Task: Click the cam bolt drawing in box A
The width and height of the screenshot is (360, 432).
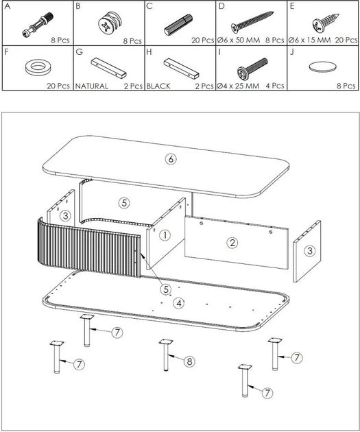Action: click(38, 25)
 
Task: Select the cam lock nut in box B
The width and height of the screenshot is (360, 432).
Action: click(109, 25)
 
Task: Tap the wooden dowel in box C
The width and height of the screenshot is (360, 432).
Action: click(178, 25)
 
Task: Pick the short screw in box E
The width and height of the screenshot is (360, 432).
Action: click(325, 23)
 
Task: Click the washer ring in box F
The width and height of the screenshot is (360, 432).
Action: click(38, 67)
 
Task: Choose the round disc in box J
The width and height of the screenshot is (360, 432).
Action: click(322, 67)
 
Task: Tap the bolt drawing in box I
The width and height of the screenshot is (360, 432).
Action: click(252, 68)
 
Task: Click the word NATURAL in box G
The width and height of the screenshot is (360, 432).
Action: click(92, 86)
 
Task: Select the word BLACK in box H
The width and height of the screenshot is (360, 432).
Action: click(158, 86)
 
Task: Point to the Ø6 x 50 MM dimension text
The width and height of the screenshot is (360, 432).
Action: click(239, 40)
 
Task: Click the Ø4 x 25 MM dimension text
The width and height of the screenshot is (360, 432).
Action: click(238, 86)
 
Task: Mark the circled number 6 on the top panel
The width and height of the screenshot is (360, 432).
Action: click(171, 159)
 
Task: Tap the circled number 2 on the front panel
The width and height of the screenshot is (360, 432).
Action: click(232, 243)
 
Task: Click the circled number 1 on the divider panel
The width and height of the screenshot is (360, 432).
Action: click(165, 235)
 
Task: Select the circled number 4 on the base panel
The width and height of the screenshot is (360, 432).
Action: click(179, 303)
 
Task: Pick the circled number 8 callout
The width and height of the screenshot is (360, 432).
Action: click(189, 361)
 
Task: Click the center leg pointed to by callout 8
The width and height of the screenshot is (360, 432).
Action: click(166, 355)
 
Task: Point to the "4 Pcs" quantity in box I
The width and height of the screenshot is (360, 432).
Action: click(275, 86)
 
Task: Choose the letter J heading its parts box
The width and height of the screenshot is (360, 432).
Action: click(292, 52)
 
